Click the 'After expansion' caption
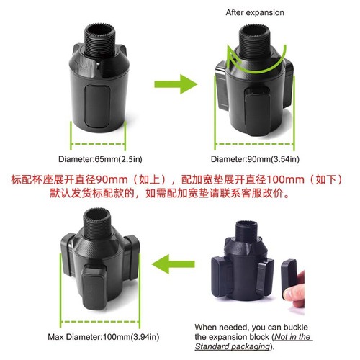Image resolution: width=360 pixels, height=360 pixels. click(256, 12)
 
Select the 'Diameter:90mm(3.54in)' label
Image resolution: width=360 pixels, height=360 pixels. click(256, 158)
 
